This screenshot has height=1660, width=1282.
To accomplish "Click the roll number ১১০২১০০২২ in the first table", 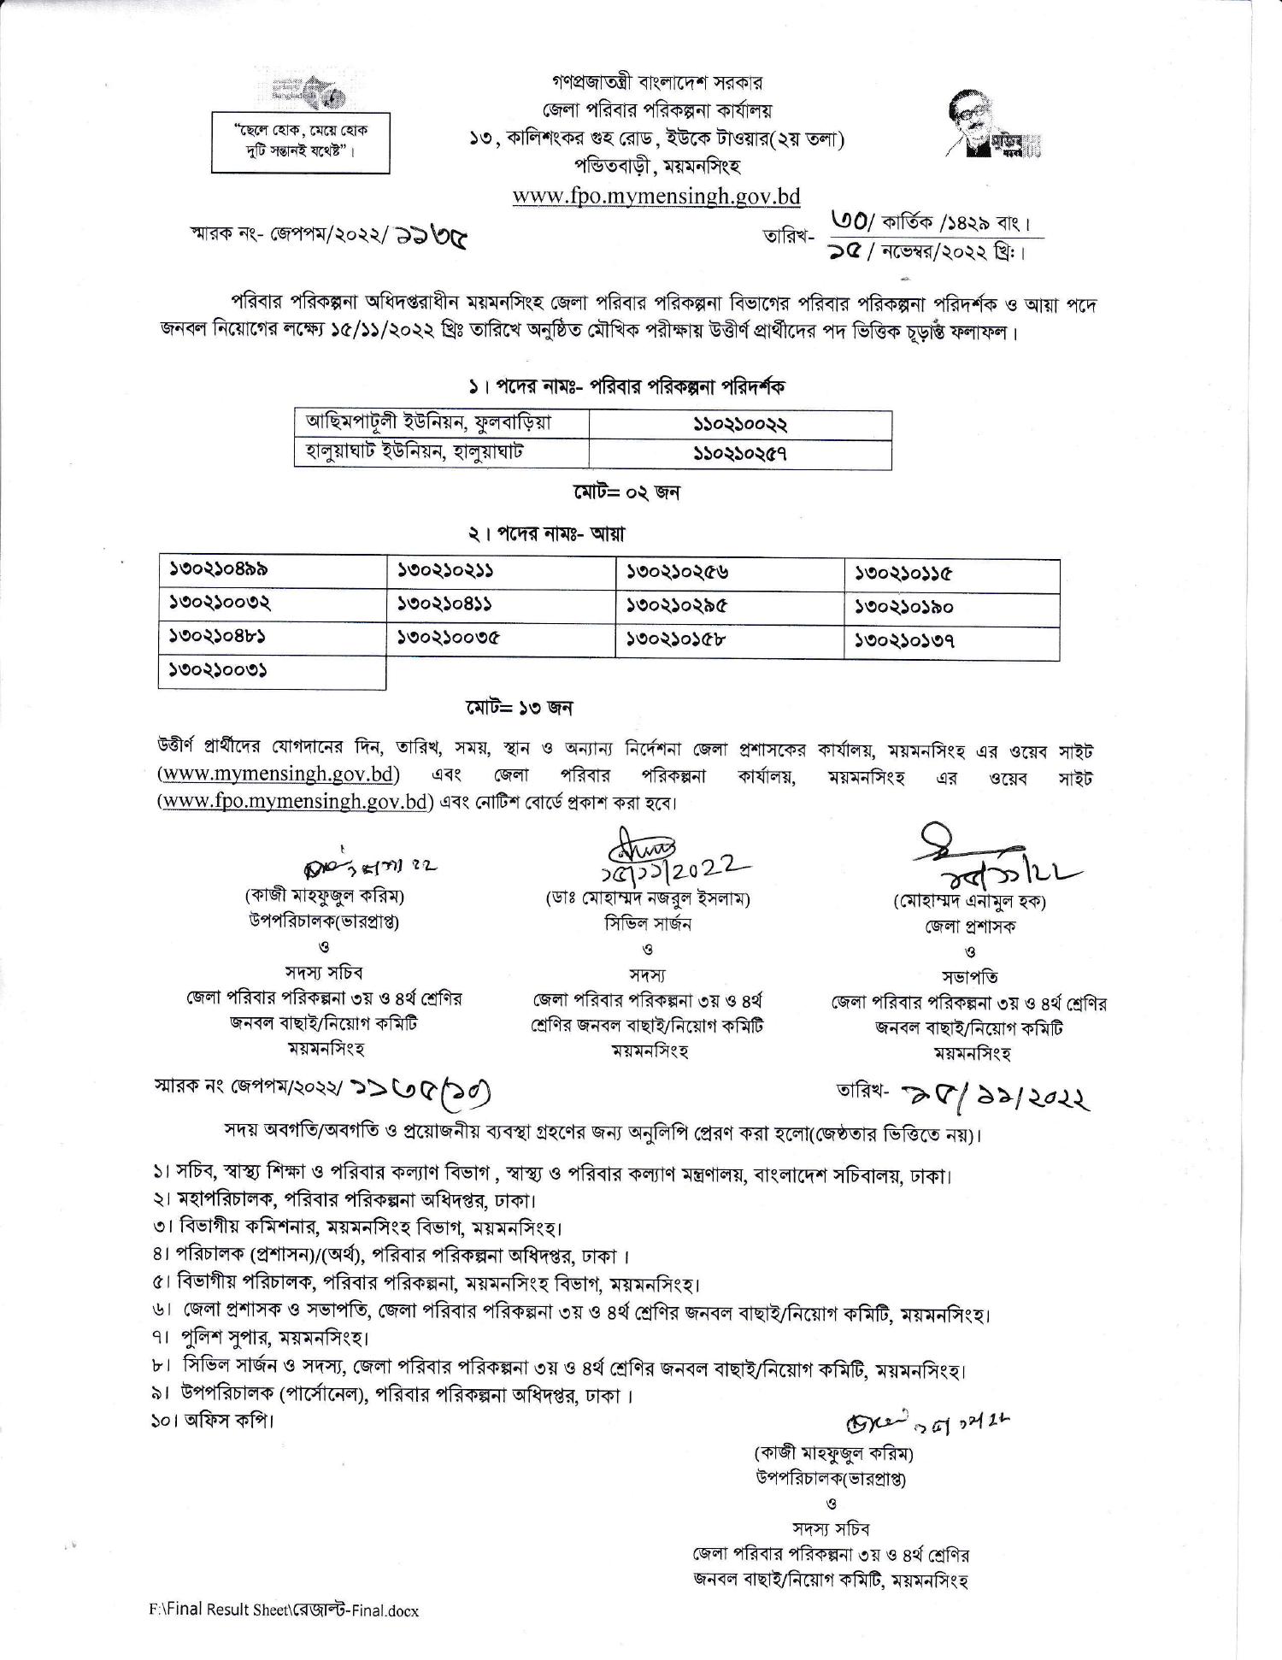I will pyautogui.click(x=739, y=425).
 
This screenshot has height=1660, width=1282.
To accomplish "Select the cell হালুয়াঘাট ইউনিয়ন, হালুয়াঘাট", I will pyautogui.click(x=420, y=453).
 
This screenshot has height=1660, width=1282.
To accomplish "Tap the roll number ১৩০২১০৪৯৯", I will pyautogui.click(x=220, y=568).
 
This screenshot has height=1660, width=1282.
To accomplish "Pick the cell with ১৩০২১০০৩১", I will pyautogui.click(x=220, y=671).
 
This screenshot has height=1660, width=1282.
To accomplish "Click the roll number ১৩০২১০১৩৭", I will pyautogui.click(x=905, y=641).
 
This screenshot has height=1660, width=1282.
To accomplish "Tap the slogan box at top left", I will pyautogui.click(x=301, y=142).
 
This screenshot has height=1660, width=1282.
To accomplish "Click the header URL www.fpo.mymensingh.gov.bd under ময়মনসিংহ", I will pyautogui.click(x=656, y=196).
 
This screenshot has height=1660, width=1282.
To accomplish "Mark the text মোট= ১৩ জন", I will pyautogui.click(x=519, y=708).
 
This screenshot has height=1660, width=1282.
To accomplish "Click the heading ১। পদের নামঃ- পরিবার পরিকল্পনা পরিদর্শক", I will pyautogui.click(x=626, y=387).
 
